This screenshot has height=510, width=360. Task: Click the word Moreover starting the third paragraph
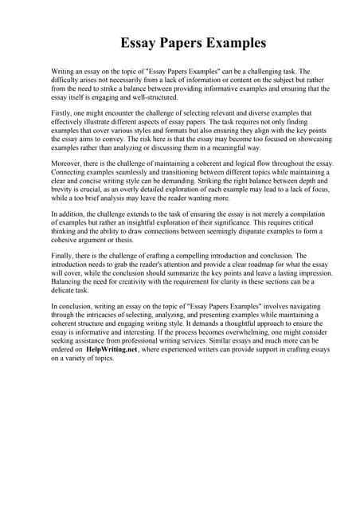click(68, 163)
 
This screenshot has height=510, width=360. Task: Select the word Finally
click(63, 255)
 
